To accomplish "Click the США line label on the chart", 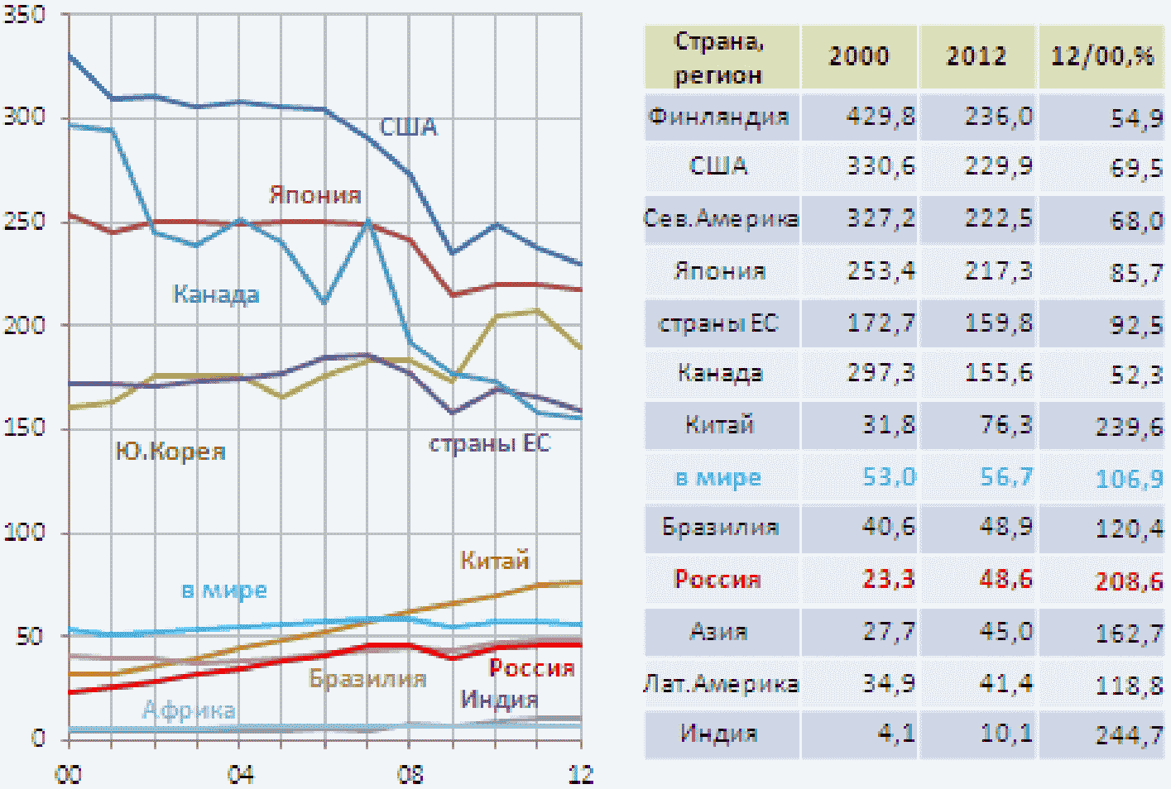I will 408,127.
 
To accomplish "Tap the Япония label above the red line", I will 315,195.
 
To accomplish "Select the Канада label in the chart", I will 215,294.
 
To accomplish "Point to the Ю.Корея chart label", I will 170,452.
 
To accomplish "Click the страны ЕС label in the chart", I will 489,444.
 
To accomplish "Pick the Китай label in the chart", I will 494,561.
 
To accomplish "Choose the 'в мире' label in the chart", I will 224,591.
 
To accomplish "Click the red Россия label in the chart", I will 531,668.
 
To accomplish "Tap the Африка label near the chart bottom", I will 189,710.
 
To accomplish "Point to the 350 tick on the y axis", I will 24,14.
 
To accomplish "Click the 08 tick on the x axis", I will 410,775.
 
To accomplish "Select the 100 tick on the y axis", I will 24,531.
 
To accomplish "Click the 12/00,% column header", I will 1101,56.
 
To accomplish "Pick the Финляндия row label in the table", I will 718,117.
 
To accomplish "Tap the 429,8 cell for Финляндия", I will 880,117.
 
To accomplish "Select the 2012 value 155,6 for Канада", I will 998,374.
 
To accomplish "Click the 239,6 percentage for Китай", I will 1129,427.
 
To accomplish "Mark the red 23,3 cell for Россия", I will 888,579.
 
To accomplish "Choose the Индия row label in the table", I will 718,734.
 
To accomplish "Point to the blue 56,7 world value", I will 1006,477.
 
